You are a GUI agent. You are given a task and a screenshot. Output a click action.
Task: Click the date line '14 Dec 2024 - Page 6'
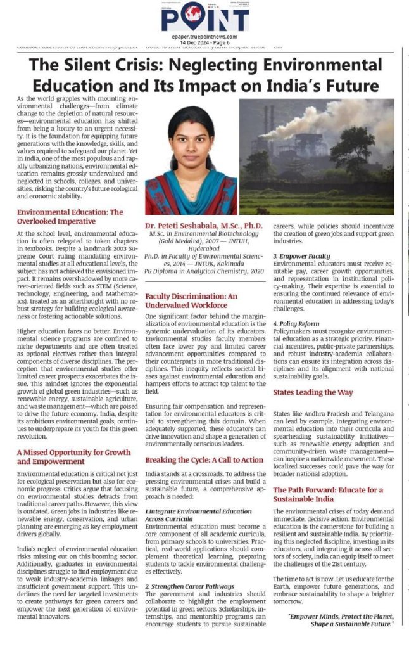pos(204,43)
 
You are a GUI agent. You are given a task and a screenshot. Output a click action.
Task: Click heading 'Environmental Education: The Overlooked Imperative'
pos(70,217)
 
